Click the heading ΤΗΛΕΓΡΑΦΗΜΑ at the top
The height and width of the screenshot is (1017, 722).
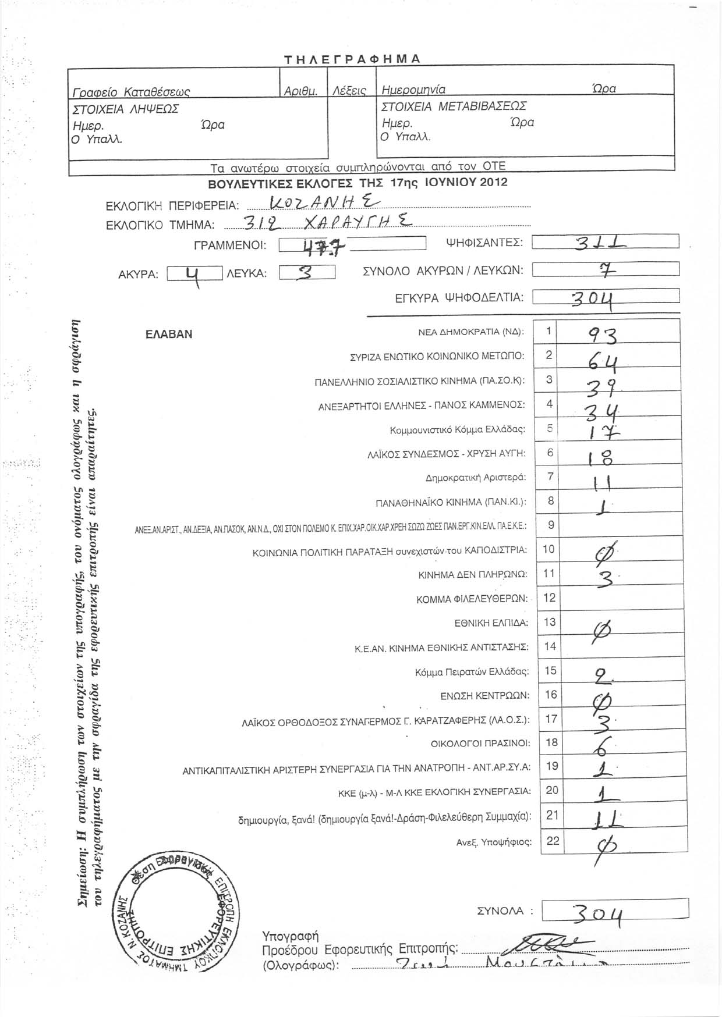[352, 59]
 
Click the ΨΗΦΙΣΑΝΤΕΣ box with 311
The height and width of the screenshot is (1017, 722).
[606, 243]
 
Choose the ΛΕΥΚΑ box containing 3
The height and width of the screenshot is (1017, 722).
[307, 273]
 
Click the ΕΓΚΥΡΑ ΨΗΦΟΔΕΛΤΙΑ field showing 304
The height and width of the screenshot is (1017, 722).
[606, 297]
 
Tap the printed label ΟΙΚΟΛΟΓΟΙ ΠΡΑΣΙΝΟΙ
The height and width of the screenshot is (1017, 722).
[480, 744]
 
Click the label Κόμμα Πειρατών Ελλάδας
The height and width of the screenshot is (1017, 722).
[472, 672]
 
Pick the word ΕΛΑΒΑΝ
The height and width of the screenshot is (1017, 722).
[169, 335]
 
